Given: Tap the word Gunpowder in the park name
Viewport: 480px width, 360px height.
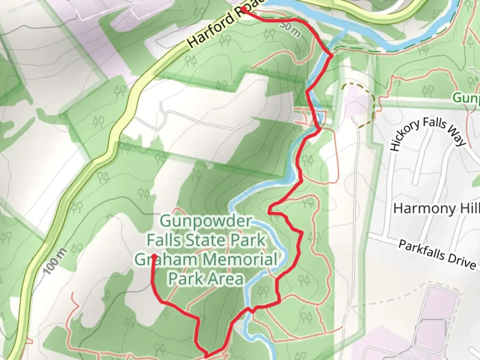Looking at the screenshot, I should [x=206, y=221].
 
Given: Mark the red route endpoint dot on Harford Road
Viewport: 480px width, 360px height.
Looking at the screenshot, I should [x=244, y=9].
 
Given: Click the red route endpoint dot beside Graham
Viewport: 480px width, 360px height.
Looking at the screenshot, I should [x=155, y=256].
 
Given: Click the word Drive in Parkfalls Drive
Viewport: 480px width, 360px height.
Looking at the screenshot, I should [x=462, y=261].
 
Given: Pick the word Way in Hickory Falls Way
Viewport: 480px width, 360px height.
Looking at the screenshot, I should [x=457, y=137].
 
